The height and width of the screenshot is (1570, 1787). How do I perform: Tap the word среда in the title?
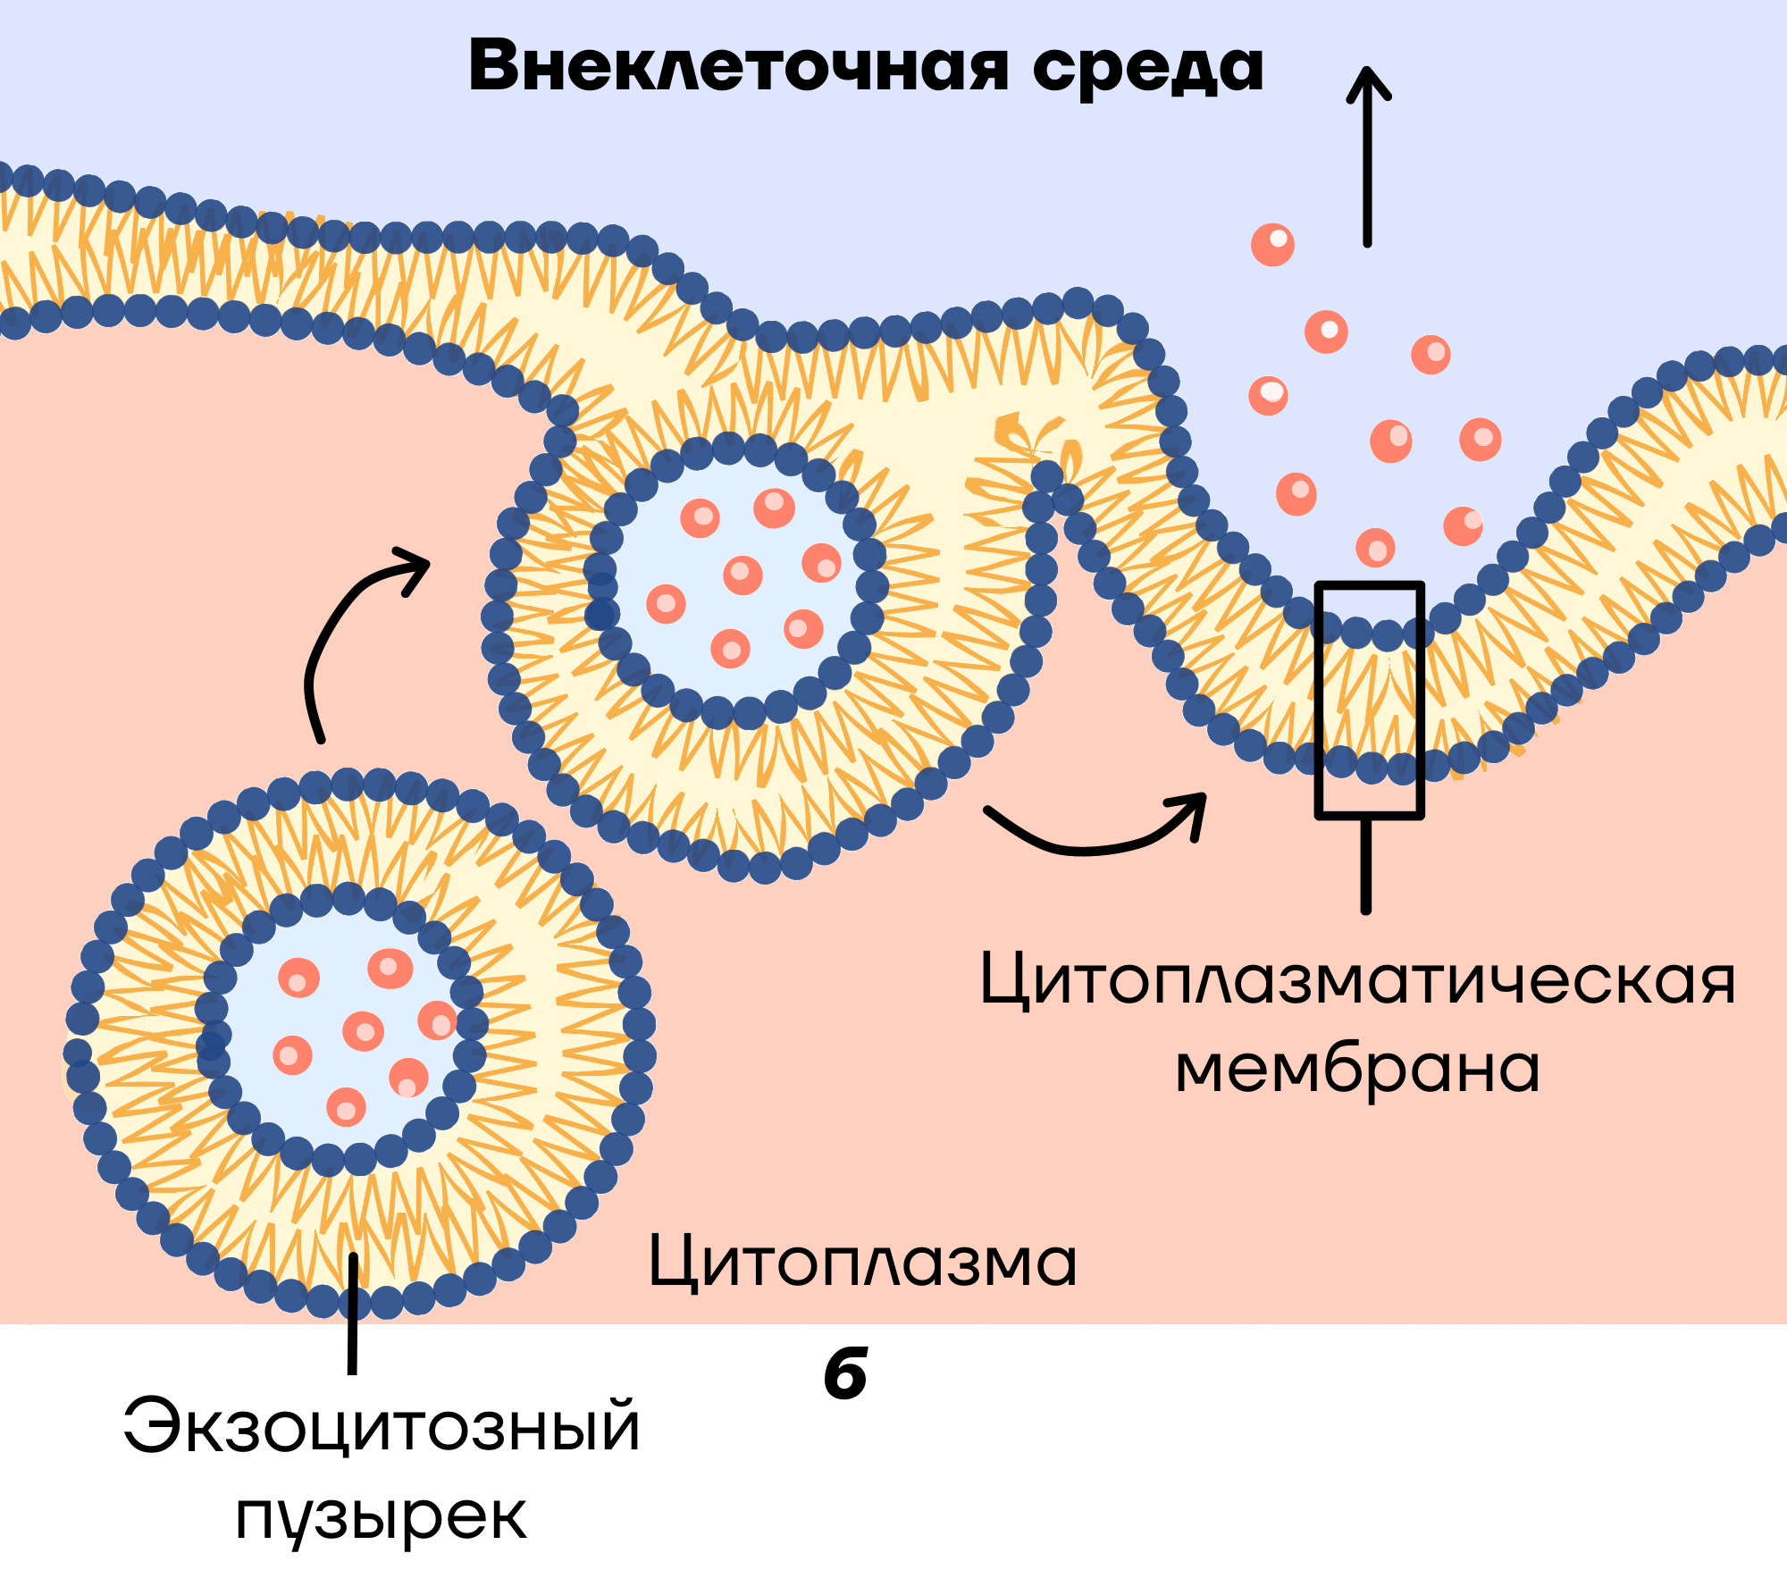(1148, 70)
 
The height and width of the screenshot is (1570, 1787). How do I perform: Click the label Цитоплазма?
(862, 1263)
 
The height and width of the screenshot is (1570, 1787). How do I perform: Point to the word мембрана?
(1357, 1069)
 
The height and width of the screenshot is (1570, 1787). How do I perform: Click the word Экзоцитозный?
(382, 1426)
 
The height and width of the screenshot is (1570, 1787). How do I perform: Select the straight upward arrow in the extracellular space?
(1367, 156)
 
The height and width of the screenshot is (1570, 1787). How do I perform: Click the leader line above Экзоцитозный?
(353, 1314)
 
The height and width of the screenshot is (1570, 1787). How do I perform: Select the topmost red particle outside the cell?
(1272, 244)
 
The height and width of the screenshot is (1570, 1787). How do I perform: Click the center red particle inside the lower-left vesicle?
(363, 1031)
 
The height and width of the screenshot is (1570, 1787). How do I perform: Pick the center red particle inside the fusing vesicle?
(742, 575)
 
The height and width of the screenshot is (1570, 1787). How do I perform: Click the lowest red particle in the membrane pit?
(1375, 547)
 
